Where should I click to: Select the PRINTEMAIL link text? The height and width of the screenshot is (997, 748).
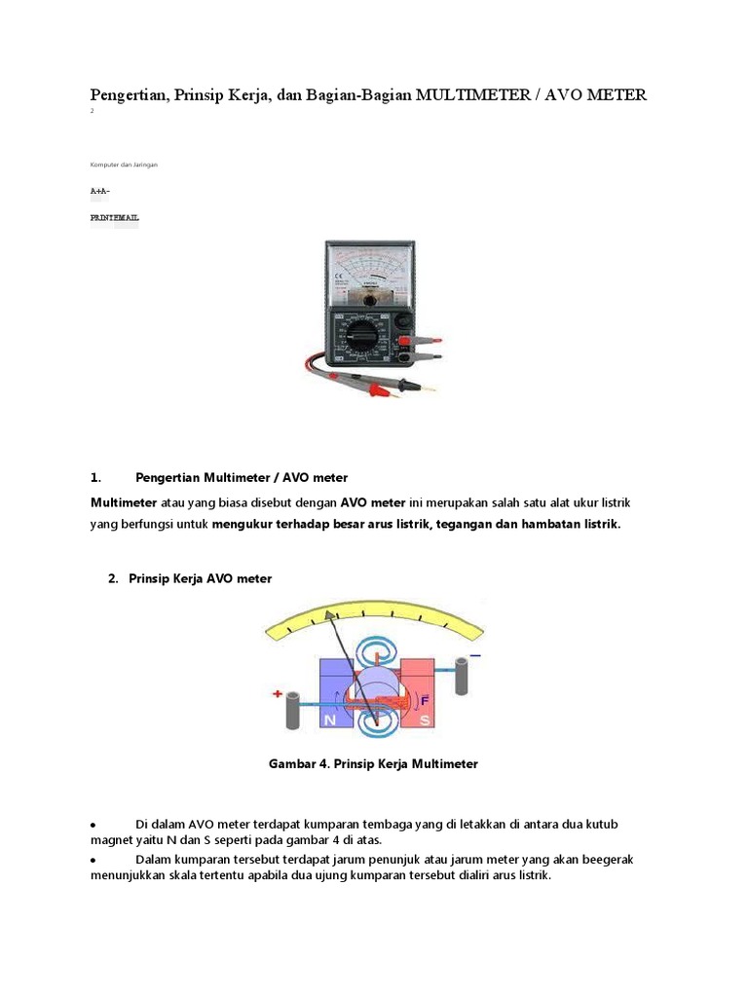pyautogui.click(x=114, y=218)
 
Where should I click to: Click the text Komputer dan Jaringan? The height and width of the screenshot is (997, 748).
pyautogui.click(x=124, y=165)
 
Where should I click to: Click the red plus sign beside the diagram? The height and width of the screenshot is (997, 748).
pyautogui.click(x=278, y=695)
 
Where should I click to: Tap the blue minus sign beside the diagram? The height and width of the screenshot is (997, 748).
pyautogui.click(x=475, y=656)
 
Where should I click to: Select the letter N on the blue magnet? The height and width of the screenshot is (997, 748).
pyautogui.click(x=329, y=720)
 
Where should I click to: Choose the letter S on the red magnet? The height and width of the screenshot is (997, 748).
pyautogui.click(x=425, y=720)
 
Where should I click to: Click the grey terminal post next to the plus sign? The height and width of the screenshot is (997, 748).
pyautogui.click(x=292, y=713)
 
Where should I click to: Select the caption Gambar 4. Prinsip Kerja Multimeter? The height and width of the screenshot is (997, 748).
pyautogui.click(x=373, y=764)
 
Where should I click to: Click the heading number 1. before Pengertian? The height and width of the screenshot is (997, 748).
pyautogui.click(x=95, y=477)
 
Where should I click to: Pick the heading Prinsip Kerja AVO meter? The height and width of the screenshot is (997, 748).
pyautogui.click(x=200, y=578)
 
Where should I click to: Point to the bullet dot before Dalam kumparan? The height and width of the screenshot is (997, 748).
pyautogui.click(x=93, y=861)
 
